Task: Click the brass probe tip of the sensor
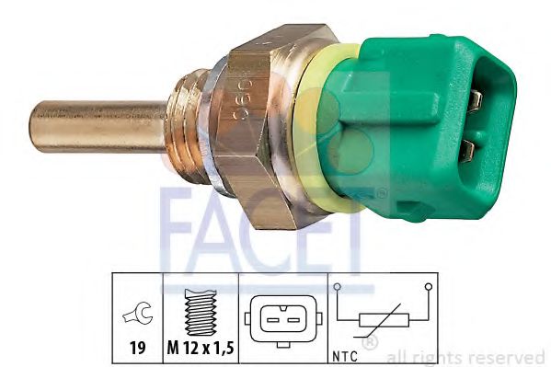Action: click(x=98, y=127)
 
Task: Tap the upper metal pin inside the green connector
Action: click(x=476, y=100)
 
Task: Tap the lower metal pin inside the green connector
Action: click(x=467, y=151)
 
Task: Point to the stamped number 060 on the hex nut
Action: click(x=243, y=100)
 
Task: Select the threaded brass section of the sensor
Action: click(x=185, y=127)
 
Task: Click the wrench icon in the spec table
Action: click(x=137, y=313)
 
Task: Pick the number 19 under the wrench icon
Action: click(x=137, y=348)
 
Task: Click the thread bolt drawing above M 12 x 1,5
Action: click(x=200, y=312)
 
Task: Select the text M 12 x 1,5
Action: click(x=201, y=348)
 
